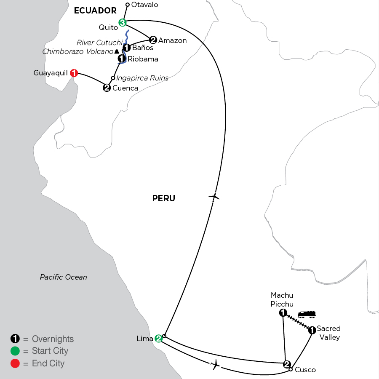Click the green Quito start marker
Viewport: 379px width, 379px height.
click(x=122, y=23)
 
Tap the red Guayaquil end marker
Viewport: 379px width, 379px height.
click(x=74, y=73)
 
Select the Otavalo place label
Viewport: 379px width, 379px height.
click(x=144, y=5)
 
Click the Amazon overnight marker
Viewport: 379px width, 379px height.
click(x=153, y=40)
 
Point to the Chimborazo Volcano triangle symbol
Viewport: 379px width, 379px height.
click(x=117, y=51)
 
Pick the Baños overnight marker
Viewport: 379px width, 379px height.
click(x=127, y=48)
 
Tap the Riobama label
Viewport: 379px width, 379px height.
click(x=143, y=59)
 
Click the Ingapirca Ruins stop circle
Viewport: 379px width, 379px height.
click(x=113, y=78)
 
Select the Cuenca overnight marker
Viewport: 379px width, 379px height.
click(x=107, y=88)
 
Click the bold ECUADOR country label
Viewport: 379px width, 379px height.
click(x=95, y=11)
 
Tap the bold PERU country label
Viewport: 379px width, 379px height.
click(x=164, y=198)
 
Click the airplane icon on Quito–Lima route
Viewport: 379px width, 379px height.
click(x=214, y=197)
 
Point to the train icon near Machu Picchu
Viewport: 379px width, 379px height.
click(x=307, y=315)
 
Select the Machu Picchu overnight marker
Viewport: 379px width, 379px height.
click(x=283, y=313)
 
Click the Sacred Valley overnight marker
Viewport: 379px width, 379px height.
click(x=312, y=330)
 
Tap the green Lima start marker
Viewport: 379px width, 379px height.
click(x=159, y=339)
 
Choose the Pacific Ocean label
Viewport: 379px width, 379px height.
click(x=63, y=277)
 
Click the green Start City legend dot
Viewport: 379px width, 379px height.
click(x=15, y=351)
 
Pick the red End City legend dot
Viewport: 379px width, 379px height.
click(x=15, y=363)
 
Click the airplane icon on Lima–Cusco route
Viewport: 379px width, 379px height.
click(x=215, y=365)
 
